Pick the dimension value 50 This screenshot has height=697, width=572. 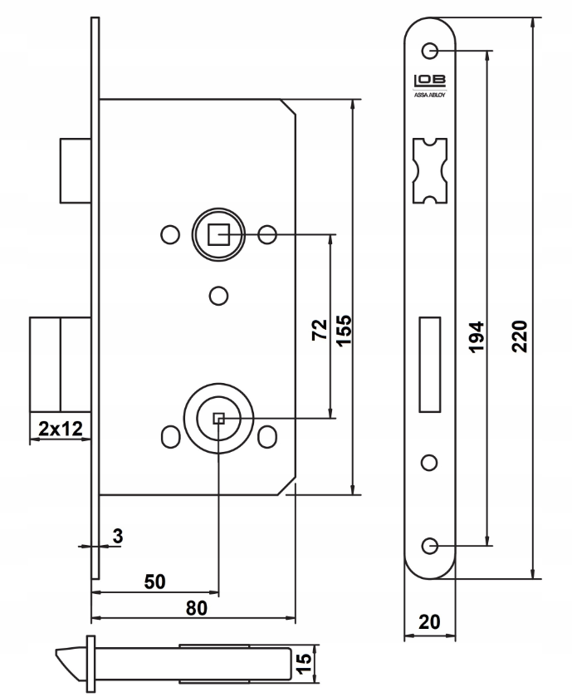[154, 582]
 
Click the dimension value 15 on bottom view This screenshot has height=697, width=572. [306, 661]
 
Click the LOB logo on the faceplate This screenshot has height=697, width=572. [429, 81]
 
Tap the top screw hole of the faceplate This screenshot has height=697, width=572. [430, 51]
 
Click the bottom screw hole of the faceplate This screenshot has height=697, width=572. [429, 545]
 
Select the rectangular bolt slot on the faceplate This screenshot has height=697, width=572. [430, 362]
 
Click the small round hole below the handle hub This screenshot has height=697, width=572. [218, 295]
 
